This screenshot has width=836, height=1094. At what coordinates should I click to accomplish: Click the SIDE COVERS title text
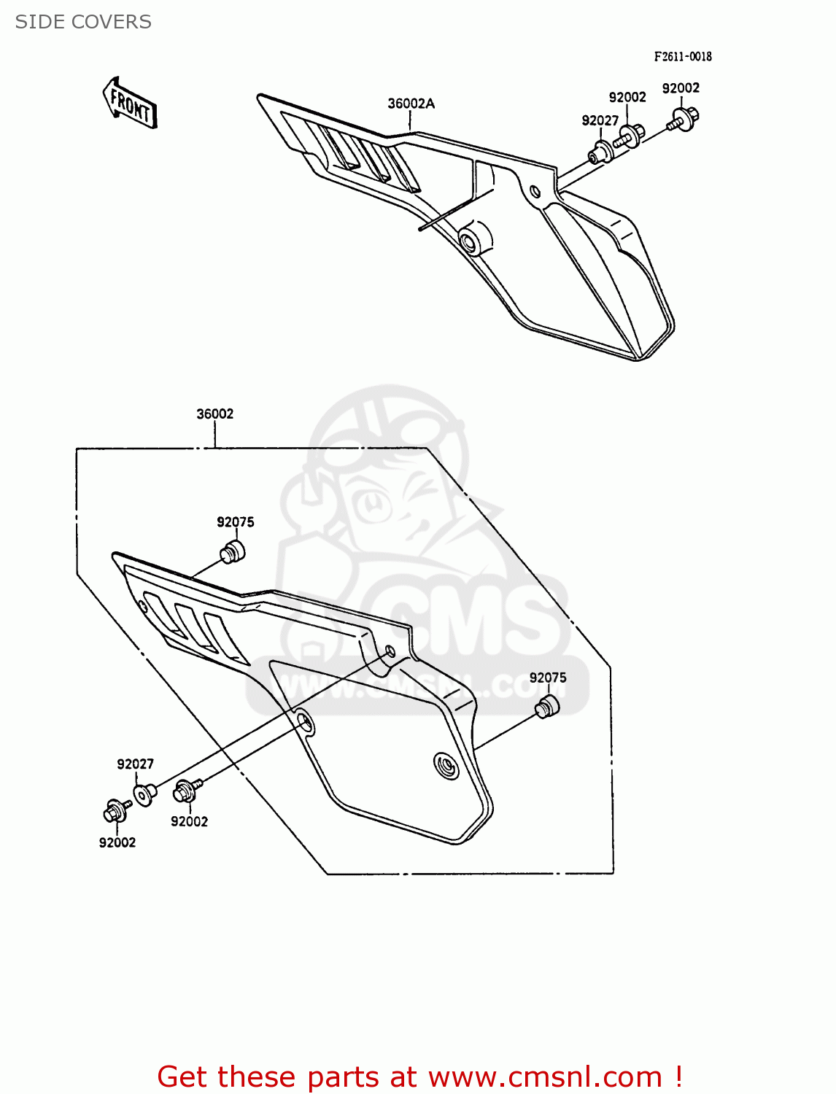coord(83,22)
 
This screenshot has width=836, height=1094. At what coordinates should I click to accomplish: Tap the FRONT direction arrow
coord(130,104)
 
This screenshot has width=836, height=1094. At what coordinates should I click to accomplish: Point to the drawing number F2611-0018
coord(682,56)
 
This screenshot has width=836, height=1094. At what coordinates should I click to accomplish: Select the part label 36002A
coord(411,104)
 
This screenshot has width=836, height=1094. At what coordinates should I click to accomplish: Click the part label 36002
coord(214,414)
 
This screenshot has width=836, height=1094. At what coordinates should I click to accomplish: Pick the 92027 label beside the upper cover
coord(600,120)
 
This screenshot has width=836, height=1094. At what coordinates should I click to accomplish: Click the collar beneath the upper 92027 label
coord(600,154)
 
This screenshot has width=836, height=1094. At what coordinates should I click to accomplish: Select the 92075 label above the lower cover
coord(235,522)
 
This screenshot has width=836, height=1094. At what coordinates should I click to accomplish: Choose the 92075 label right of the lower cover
coord(548,678)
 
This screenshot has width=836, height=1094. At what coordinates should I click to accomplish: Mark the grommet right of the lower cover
coord(546,707)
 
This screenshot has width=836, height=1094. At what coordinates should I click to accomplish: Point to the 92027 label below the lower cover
coord(135,764)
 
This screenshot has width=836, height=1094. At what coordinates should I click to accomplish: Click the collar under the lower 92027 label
coord(144,794)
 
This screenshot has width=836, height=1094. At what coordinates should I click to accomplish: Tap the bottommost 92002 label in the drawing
coord(117,842)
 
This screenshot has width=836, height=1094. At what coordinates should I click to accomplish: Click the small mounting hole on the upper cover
coord(535,192)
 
